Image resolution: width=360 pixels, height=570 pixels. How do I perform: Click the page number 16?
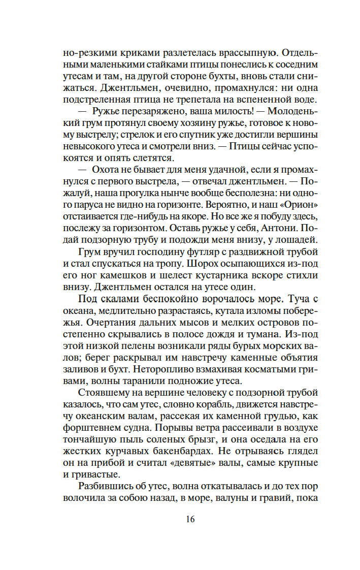(190, 519)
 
